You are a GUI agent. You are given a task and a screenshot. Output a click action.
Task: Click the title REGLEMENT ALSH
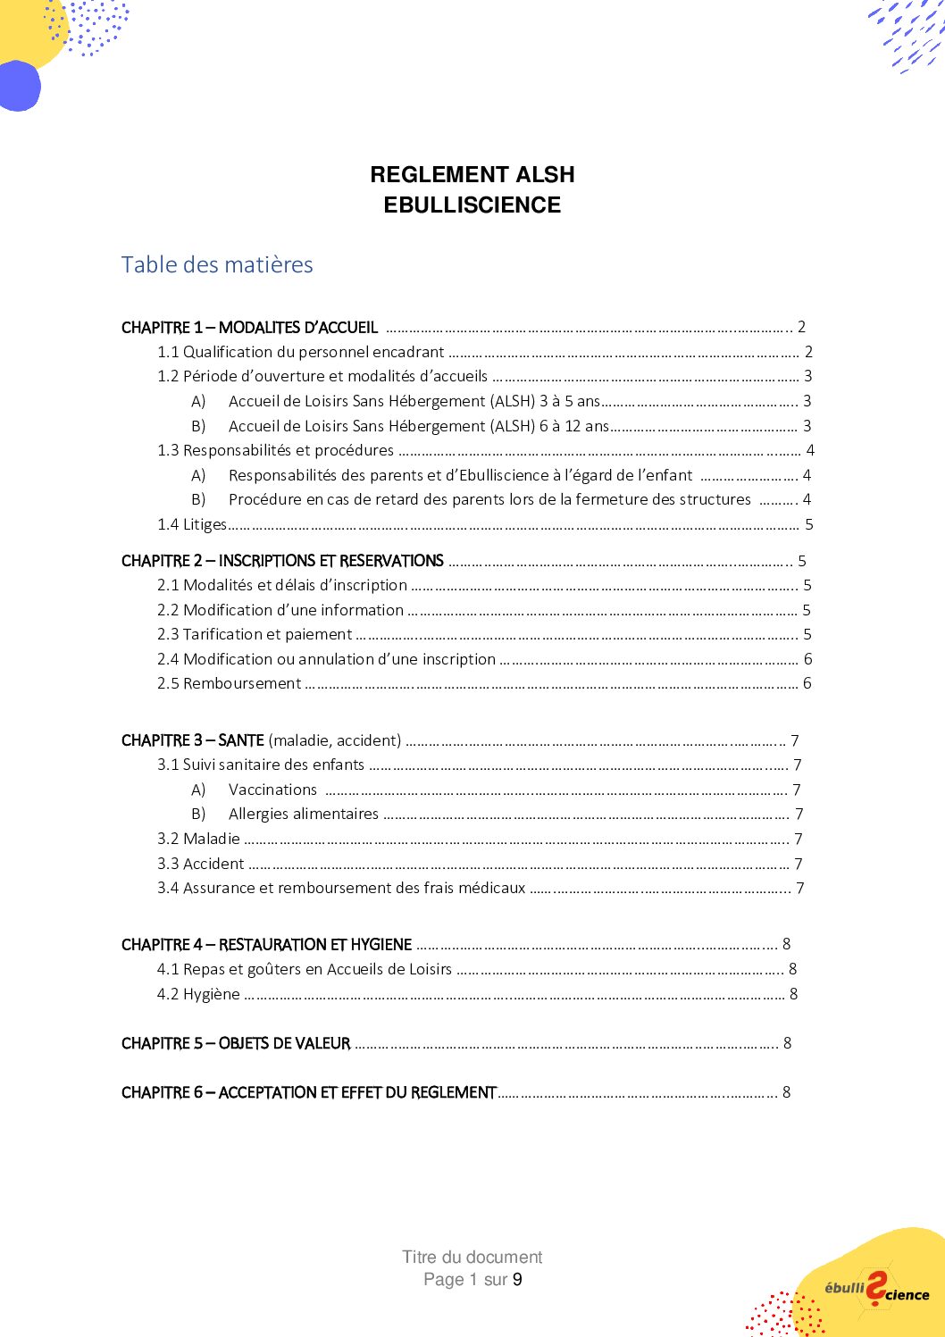(472, 174)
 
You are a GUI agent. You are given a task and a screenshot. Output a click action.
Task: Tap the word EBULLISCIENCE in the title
(472, 205)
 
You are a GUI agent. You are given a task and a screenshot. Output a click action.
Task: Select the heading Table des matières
(217, 265)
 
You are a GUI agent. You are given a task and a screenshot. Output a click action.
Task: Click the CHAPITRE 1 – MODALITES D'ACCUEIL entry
(250, 328)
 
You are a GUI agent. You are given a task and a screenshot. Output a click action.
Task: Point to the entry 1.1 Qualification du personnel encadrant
(301, 352)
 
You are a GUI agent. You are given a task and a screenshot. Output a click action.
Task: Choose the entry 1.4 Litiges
(192, 524)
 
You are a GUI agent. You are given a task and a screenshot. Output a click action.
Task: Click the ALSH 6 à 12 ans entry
(418, 426)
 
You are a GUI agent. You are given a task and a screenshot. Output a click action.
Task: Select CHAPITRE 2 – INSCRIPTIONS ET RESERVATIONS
(282, 561)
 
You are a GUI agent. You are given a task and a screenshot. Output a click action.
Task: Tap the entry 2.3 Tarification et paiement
(255, 634)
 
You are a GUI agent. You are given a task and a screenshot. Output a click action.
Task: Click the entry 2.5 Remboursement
(230, 683)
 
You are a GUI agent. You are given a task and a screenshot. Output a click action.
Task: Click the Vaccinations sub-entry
(272, 790)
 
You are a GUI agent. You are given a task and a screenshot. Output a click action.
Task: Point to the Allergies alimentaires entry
(304, 814)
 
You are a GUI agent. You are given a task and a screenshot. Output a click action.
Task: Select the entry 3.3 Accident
(201, 864)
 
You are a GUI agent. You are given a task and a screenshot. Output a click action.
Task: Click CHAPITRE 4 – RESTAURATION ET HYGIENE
(266, 945)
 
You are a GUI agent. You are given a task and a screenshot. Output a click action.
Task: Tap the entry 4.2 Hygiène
(198, 994)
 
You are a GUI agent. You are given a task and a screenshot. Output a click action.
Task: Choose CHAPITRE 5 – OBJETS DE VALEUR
(236, 1043)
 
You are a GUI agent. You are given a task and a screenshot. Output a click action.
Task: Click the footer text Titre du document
(472, 1257)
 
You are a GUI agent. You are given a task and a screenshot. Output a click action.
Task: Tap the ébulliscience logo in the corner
(875, 1290)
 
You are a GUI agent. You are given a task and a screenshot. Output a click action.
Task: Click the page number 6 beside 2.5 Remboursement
(807, 683)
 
